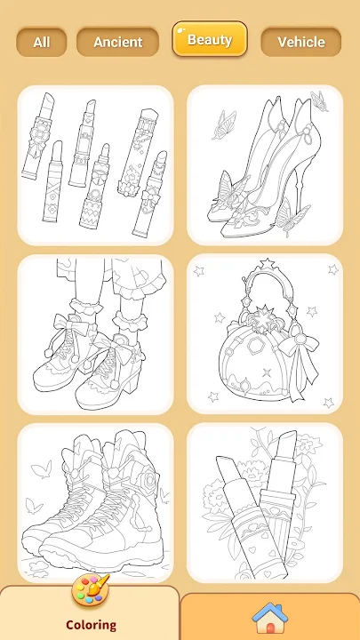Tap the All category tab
pos(41,42)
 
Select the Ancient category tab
pos(117,42)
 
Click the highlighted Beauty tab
pos(210,39)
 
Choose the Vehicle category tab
pos(301,42)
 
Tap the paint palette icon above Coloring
pos(91,589)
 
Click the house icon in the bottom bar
pos(270,618)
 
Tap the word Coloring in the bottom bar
pos(91,625)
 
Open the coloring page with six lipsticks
pos(95,165)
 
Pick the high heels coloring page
pos(265,165)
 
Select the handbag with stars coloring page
pos(265,334)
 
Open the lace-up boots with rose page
pos(95,503)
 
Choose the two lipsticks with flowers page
pos(265,503)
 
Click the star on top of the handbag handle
pos(268,262)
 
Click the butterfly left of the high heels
pos(222,124)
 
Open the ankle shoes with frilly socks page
pos(95,334)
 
